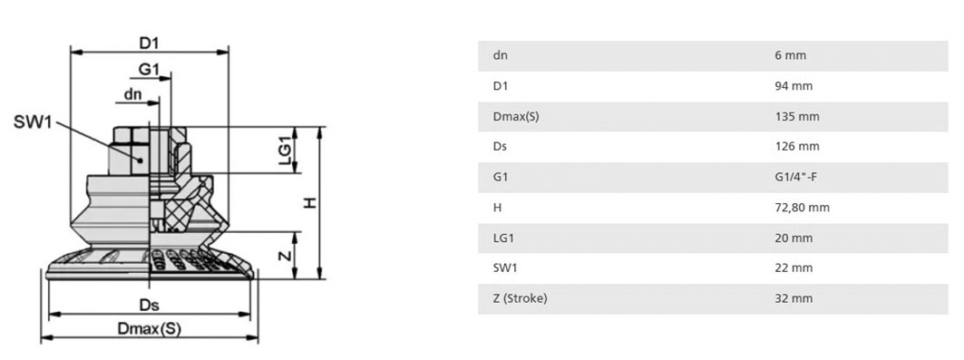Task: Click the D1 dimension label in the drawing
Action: coord(149,43)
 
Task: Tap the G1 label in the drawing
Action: coord(149,70)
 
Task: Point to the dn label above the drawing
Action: coord(132,94)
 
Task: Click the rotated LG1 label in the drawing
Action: coord(284,151)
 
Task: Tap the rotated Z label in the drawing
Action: coord(284,256)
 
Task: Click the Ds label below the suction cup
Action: coord(150,305)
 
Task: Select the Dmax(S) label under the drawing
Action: coord(150,328)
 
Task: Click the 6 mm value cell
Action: coord(790,55)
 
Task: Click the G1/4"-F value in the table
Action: coord(795,177)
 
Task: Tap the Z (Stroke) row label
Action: coord(520,298)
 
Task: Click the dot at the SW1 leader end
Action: coord(141,161)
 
